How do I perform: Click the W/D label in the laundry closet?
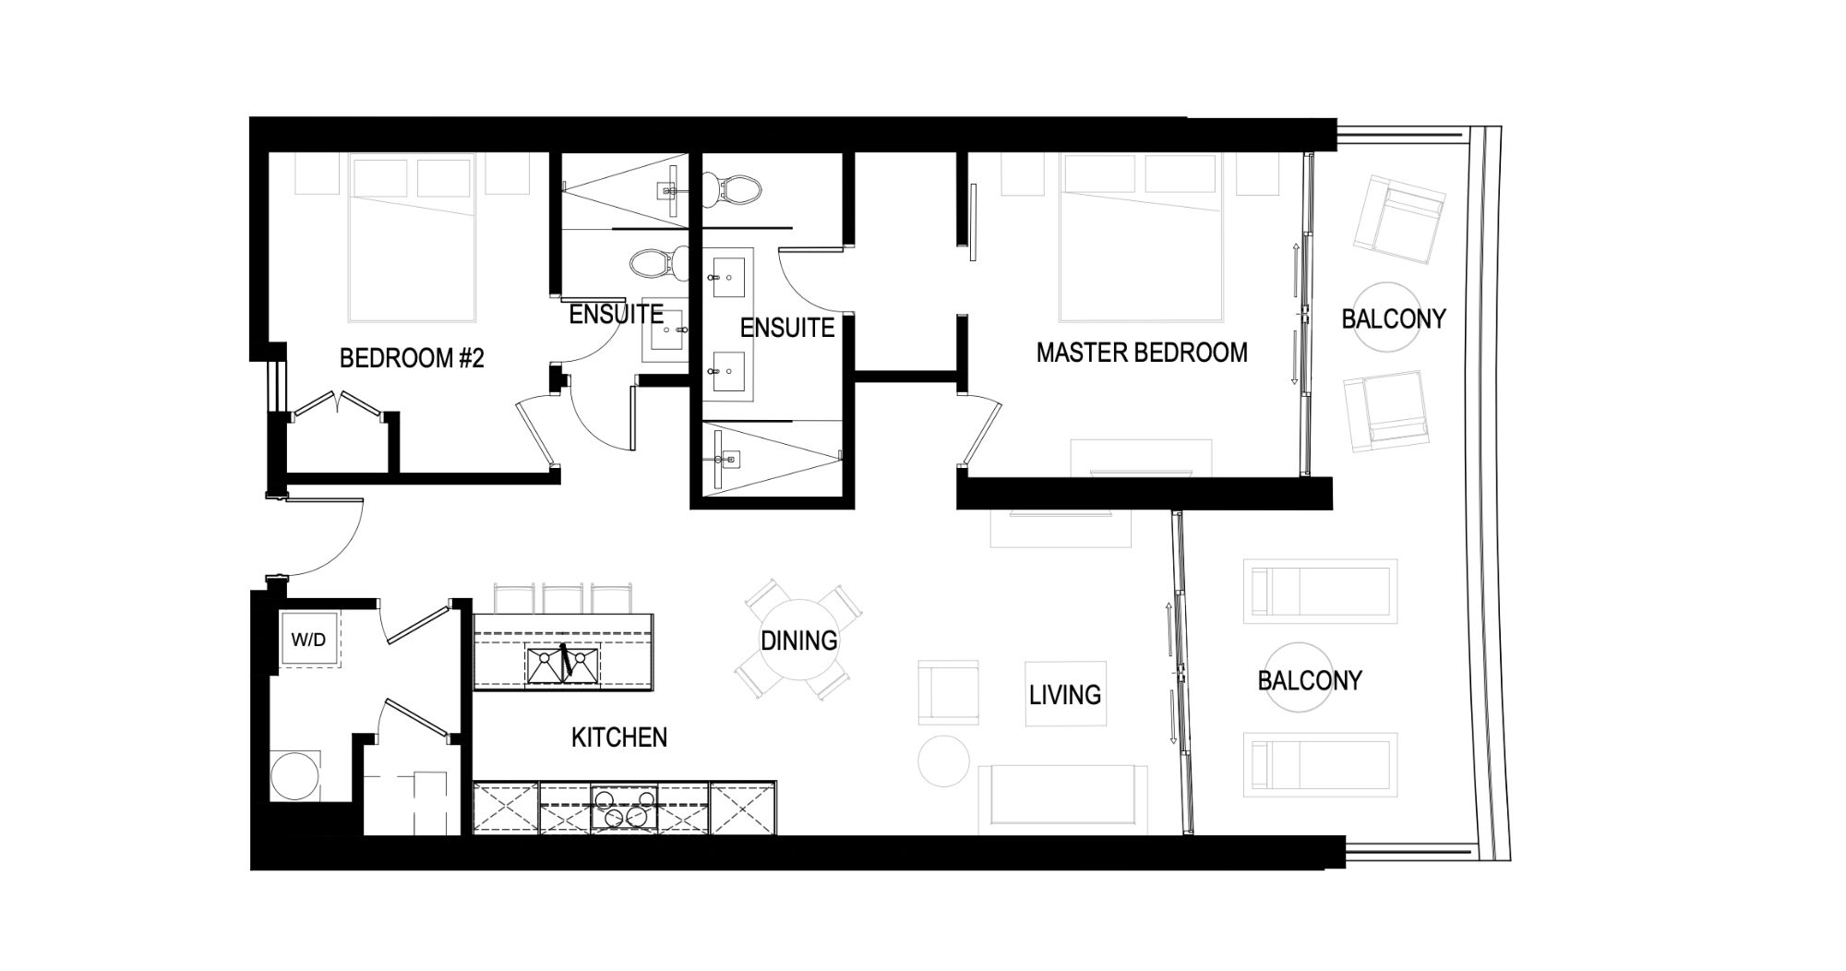click(x=308, y=640)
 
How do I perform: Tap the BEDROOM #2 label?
click(x=412, y=358)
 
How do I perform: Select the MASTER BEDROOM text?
click(x=1142, y=353)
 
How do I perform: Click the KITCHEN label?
click(x=619, y=737)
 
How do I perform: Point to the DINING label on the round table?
click(x=799, y=641)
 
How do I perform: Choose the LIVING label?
click(x=1065, y=694)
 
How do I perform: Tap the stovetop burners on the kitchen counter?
click(x=621, y=809)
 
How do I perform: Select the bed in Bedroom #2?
click(x=412, y=240)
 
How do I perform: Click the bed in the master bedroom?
click(x=1142, y=240)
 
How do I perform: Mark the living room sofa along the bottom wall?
click(x=1062, y=795)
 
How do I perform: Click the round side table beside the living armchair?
click(x=944, y=761)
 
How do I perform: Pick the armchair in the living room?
click(x=948, y=691)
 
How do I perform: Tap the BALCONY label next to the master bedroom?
click(x=1393, y=319)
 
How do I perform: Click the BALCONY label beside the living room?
click(x=1310, y=681)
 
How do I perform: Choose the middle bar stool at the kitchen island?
click(x=562, y=598)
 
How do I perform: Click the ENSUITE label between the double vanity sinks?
click(x=787, y=328)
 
